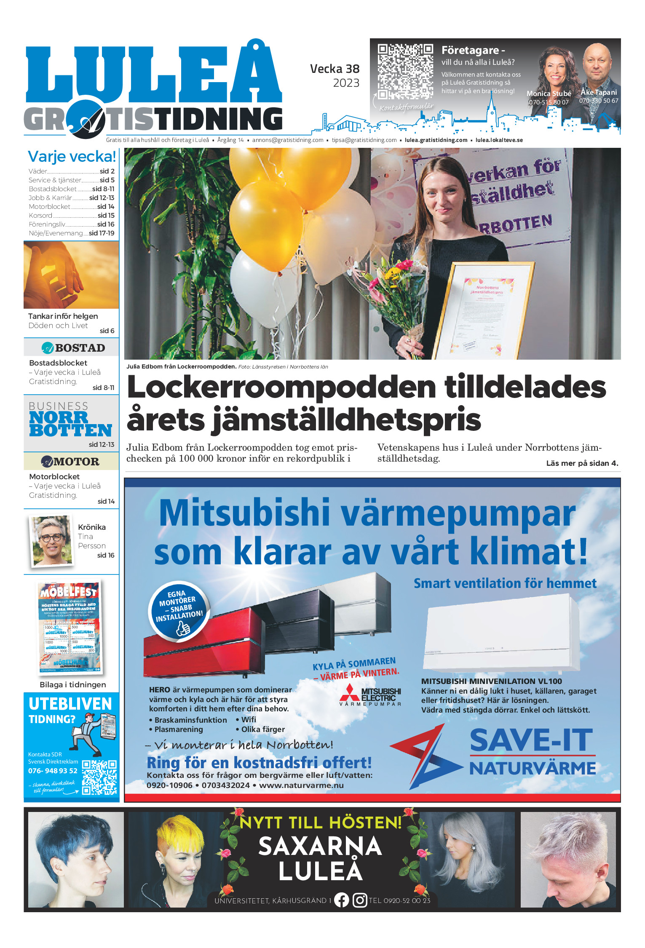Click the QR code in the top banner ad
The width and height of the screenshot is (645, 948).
(x=405, y=72)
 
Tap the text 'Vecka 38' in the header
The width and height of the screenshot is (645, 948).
(x=335, y=69)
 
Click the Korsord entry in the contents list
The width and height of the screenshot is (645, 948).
(x=40, y=216)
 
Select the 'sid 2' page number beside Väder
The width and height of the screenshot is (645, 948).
(x=107, y=171)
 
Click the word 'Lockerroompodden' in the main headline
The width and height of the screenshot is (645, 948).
(x=281, y=387)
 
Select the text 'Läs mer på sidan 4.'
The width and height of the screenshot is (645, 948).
(x=582, y=463)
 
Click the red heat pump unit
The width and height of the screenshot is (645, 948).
(x=204, y=644)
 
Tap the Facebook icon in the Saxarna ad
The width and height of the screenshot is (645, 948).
(x=341, y=900)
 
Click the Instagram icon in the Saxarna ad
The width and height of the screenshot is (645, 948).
(x=359, y=900)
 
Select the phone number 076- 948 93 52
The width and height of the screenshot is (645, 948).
(x=53, y=771)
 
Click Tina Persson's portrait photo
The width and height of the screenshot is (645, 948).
(x=51, y=541)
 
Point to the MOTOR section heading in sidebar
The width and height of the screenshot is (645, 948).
(x=71, y=462)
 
